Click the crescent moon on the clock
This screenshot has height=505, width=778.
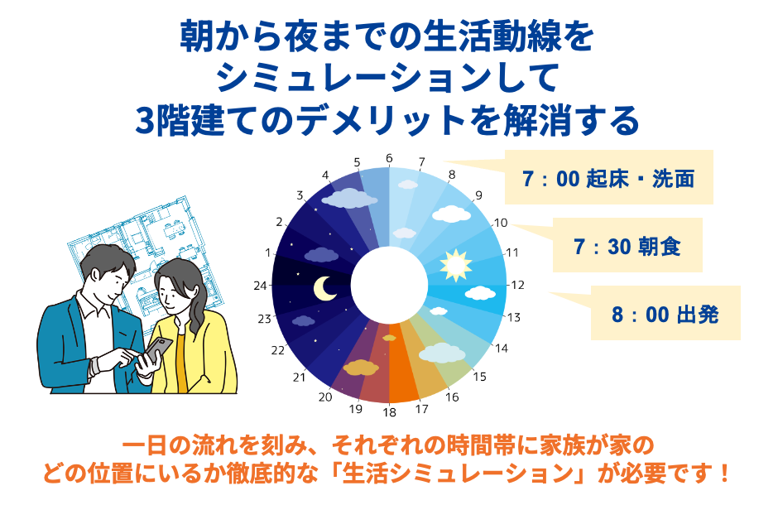[x=324, y=287]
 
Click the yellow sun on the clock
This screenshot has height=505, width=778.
[x=454, y=266]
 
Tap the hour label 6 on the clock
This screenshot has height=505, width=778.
[x=389, y=158]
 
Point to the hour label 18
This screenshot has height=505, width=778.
[x=389, y=412]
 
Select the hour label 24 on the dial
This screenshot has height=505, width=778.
[x=262, y=286]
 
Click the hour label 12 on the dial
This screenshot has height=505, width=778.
[x=517, y=286]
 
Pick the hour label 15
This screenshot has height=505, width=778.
[x=479, y=376]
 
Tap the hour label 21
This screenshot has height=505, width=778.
[x=300, y=377]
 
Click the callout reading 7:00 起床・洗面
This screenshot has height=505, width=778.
[x=608, y=178]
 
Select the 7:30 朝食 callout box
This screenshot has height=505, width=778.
[x=627, y=246]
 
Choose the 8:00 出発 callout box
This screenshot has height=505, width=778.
[x=665, y=314]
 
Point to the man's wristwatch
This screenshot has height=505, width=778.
[x=98, y=363]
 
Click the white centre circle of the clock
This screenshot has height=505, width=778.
[x=389, y=286]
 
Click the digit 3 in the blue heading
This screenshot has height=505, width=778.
[x=148, y=121]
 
